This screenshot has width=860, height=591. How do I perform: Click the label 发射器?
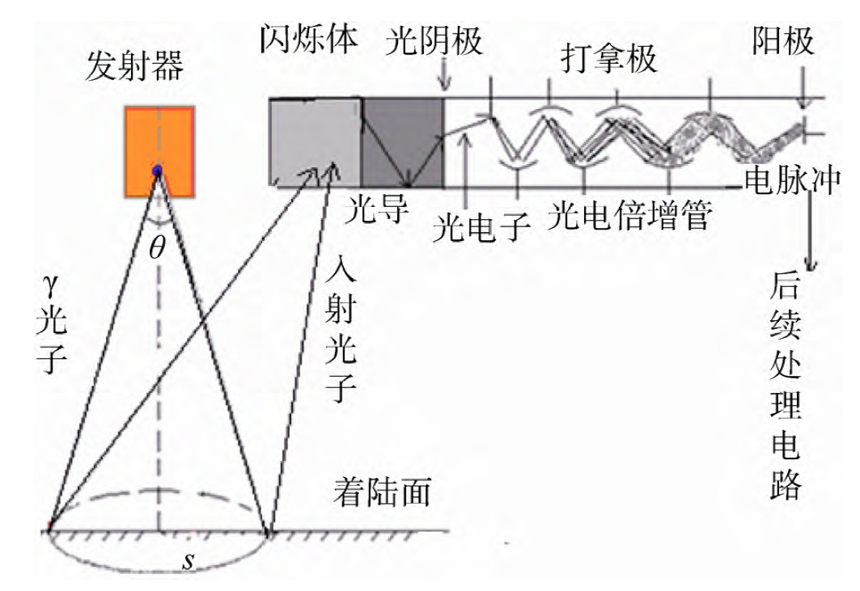pyautogui.click(x=136, y=68)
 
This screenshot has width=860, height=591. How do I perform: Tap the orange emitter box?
pyautogui.click(x=159, y=152)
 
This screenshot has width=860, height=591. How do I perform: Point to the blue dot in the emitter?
pyautogui.click(x=158, y=171)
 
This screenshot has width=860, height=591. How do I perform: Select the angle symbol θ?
pyautogui.click(x=157, y=247)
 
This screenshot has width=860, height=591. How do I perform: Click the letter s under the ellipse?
pyautogui.click(x=188, y=560)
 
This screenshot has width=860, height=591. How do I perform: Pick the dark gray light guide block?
pyautogui.click(x=403, y=141)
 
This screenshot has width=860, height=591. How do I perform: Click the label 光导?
pyautogui.click(x=374, y=212)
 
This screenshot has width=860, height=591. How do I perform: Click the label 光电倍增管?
pyautogui.click(x=630, y=215)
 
